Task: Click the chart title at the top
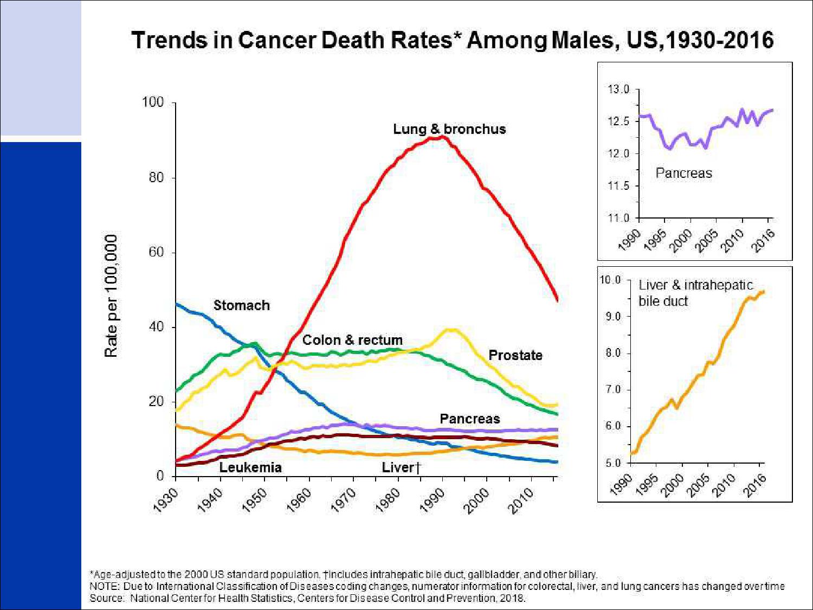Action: [452, 41]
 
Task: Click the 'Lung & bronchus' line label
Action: [449, 129]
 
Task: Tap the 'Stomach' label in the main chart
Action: [241, 305]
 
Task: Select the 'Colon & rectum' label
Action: [352, 340]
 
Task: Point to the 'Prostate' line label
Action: [515, 355]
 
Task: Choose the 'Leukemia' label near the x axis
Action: [250, 467]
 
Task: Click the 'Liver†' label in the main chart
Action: [401, 467]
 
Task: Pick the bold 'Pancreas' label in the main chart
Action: [470, 419]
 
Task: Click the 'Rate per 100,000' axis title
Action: [111, 296]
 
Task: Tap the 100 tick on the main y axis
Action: [152, 102]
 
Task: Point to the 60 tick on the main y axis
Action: [156, 252]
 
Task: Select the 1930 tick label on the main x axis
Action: [165, 499]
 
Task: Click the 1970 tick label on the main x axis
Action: [343, 499]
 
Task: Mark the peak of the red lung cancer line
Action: [442, 137]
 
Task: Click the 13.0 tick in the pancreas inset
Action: [618, 89]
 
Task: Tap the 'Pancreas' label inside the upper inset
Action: [683, 173]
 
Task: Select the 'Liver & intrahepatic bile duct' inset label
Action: [695, 293]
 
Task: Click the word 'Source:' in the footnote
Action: [107, 598]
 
